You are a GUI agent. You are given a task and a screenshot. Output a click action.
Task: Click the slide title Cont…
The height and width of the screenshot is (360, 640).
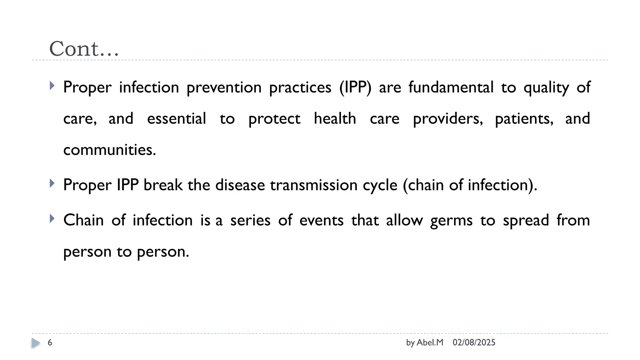click(x=84, y=49)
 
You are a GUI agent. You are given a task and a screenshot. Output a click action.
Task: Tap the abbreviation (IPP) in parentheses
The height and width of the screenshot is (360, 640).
click(x=355, y=87)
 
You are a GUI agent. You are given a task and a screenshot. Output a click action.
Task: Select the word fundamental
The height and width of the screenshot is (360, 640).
click(x=451, y=87)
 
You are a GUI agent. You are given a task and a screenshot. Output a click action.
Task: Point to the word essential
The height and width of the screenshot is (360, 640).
click(x=176, y=119)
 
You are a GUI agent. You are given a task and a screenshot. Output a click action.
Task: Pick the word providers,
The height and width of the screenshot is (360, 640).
click(x=447, y=119)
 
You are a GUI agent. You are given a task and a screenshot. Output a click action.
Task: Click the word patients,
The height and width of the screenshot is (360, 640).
click(x=524, y=119)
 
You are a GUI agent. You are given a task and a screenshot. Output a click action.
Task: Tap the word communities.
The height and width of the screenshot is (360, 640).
click(x=109, y=150)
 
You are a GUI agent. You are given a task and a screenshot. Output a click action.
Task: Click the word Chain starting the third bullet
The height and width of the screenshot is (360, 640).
click(x=83, y=220)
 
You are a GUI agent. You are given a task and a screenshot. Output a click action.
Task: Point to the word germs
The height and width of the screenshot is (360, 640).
click(x=451, y=221)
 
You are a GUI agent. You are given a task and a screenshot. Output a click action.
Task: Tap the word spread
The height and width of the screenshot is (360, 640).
click(x=526, y=221)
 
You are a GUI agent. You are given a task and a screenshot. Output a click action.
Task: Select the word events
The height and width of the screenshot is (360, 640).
click(x=321, y=220)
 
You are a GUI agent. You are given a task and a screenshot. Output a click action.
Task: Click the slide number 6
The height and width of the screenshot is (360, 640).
click(x=50, y=343)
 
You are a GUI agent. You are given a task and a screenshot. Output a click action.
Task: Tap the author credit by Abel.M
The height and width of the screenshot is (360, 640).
click(x=424, y=343)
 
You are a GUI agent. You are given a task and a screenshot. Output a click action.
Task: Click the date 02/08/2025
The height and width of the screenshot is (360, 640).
click(x=474, y=343)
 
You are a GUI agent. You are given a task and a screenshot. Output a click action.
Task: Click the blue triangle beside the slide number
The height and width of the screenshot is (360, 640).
click(x=36, y=343)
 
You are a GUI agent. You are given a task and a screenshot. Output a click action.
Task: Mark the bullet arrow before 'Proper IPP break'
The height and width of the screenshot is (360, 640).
click(x=52, y=183)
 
